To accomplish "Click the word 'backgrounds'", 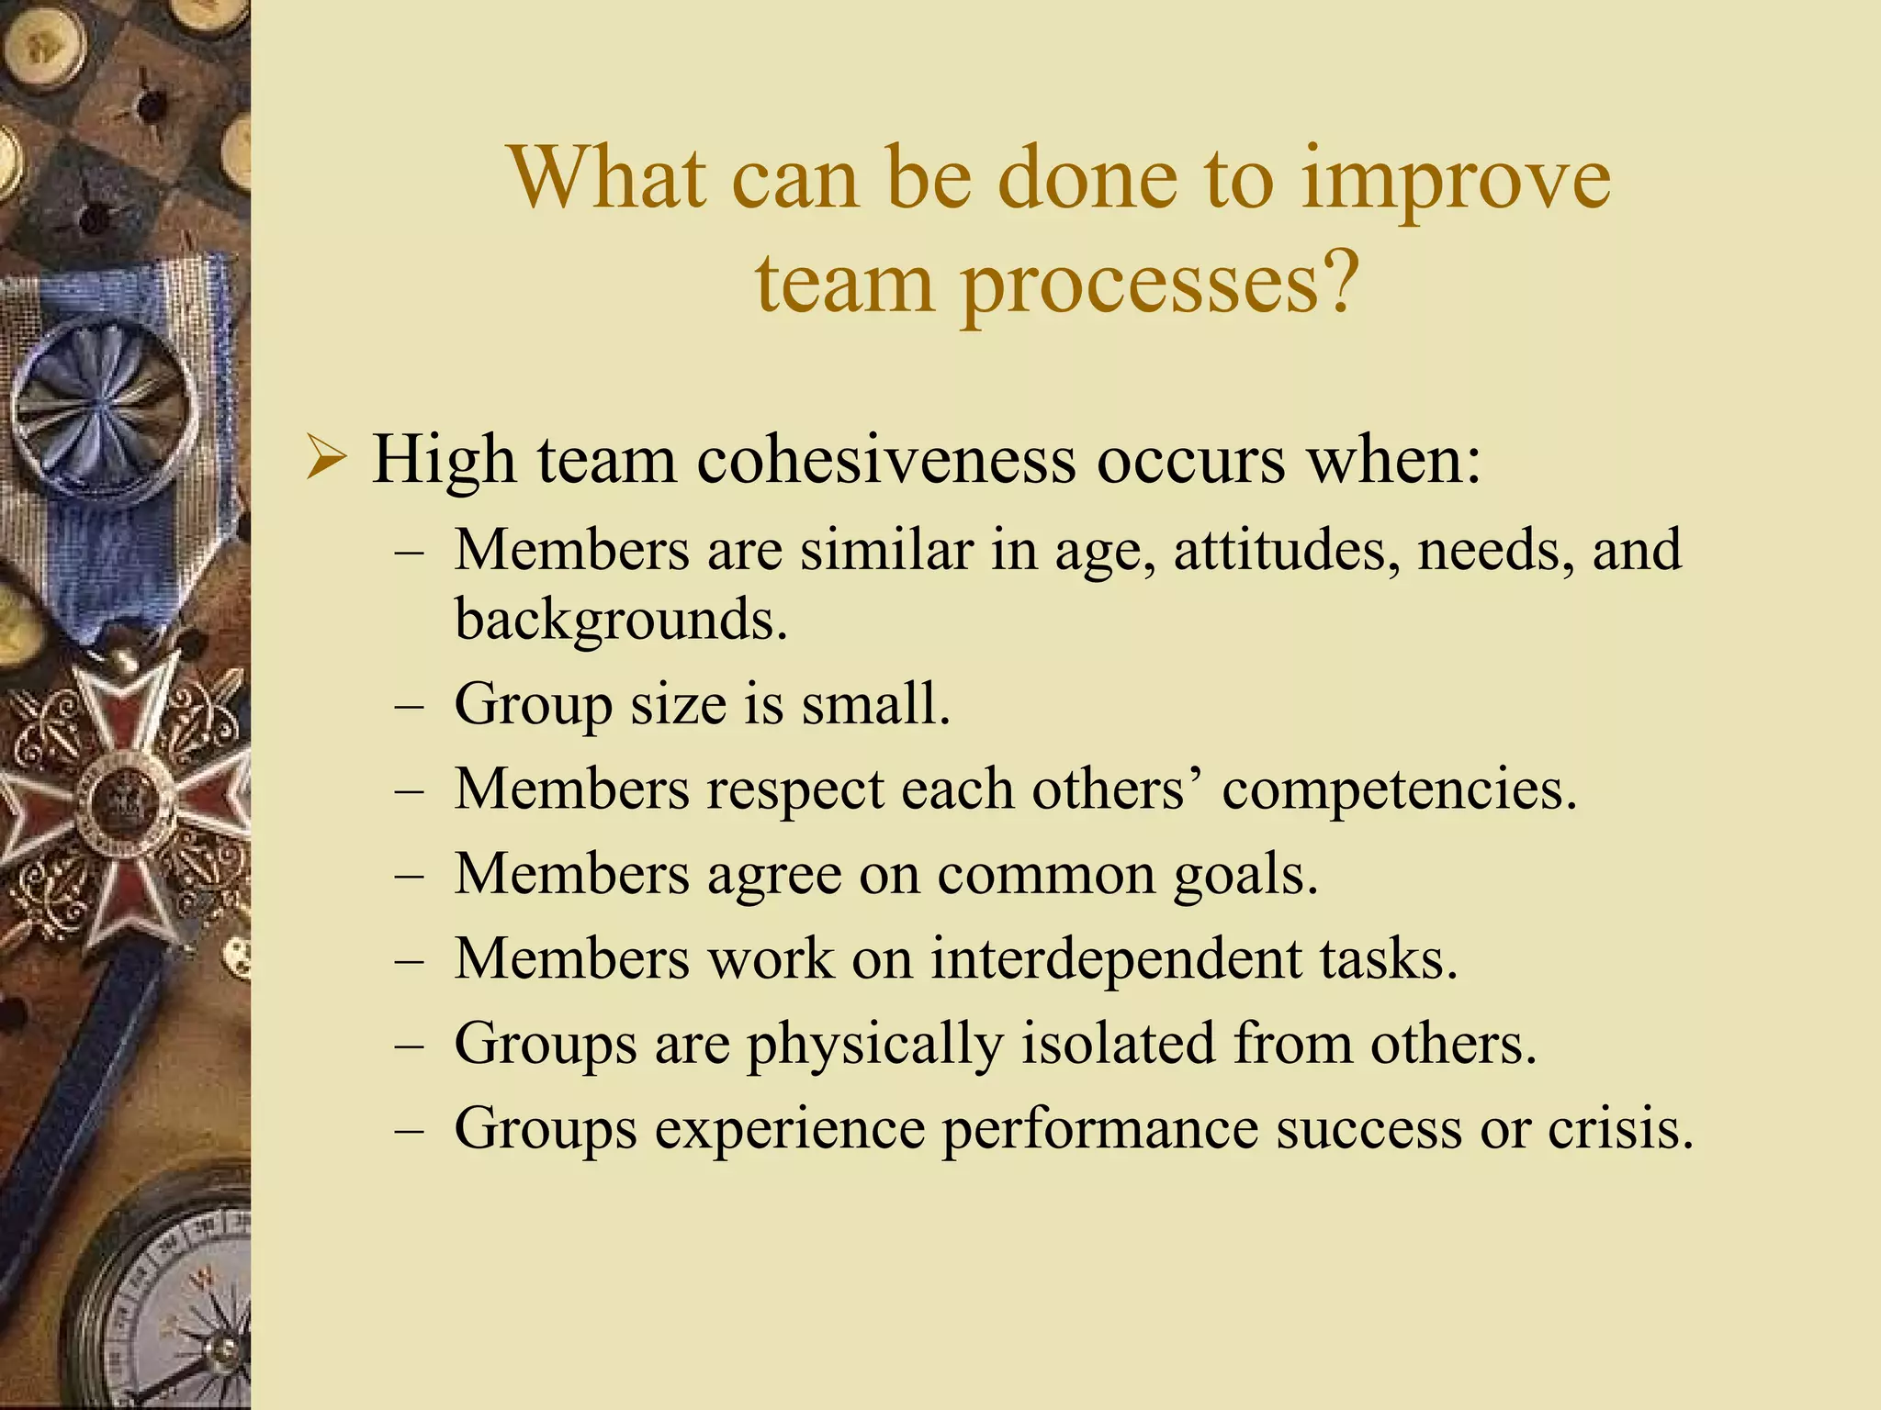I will (621, 620).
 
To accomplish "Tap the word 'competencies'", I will (1399, 789).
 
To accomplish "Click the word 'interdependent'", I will (1116, 958).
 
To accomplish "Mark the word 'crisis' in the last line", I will (1620, 1127).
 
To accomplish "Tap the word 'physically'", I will (874, 1045).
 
